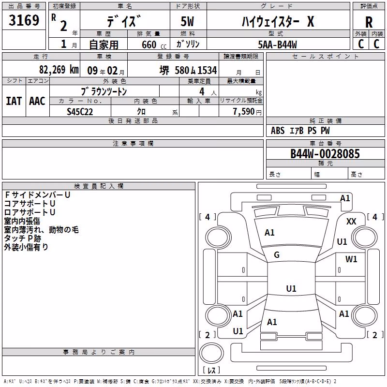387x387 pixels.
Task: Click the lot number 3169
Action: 24,20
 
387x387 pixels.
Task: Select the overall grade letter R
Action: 369,22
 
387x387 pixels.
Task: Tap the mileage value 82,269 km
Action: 59,70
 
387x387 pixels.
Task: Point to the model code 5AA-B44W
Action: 277,45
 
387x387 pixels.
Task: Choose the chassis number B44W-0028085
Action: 325,154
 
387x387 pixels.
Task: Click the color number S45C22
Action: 80,112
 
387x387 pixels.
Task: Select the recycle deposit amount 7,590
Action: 244,112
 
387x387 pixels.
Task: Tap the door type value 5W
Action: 187,21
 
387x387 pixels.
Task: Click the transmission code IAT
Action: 14,101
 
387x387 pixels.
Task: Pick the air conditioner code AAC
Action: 37,101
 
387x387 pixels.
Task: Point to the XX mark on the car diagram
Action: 351,222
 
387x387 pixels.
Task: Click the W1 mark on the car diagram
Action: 351,259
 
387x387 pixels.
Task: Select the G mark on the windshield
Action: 277,255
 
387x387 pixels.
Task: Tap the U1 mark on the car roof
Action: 291,288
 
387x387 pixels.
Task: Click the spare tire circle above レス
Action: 211,353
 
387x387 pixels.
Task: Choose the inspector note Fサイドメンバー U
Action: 38,195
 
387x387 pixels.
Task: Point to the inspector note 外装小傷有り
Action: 26,247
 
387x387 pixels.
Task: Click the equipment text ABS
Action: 278,131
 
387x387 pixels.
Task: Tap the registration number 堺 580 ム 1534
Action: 188,70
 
